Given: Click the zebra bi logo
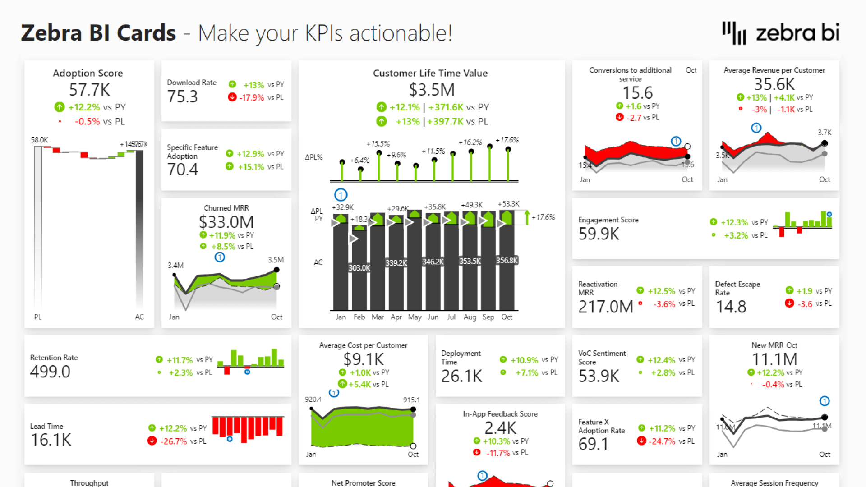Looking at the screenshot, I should pyautogui.click(x=781, y=33).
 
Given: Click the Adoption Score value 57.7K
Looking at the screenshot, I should pyautogui.click(x=89, y=90).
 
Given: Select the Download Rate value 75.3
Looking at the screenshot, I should pyautogui.click(x=183, y=96).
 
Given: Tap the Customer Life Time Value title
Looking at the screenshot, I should pyautogui.click(x=430, y=73).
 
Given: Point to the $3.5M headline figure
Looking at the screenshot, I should pyautogui.click(x=432, y=90).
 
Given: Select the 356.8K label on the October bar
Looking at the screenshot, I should pyautogui.click(x=507, y=261).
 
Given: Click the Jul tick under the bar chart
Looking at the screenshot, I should pyautogui.click(x=451, y=317).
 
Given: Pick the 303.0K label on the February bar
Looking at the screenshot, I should pyautogui.click(x=359, y=268).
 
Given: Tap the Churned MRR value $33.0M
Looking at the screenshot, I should pyautogui.click(x=226, y=222).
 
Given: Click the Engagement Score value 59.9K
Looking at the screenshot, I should pyautogui.click(x=599, y=234).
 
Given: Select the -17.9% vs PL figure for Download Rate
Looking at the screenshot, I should pyautogui.click(x=251, y=97).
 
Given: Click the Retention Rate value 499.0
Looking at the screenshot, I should pyautogui.click(x=50, y=372).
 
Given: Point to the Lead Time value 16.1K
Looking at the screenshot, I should pyautogui.click(x=51, y=440).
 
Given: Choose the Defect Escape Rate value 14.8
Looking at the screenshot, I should pyautogui.click(x=731, y=307).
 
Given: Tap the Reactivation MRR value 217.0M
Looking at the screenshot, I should pyautogui.click(x=606, y=307).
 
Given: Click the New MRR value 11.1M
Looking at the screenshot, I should pyautogui.click(x=774, y=359).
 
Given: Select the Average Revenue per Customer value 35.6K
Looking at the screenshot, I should pyautogui.click(x=774, y=84).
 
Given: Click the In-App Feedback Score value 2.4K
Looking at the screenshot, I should pyautogui.click(x=500, y=428).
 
